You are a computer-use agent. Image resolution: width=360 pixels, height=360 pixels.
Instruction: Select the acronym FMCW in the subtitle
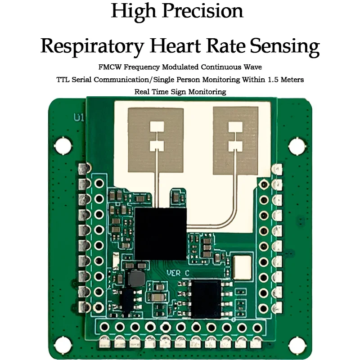[110, 67]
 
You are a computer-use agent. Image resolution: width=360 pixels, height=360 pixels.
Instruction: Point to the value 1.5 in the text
[270, 79]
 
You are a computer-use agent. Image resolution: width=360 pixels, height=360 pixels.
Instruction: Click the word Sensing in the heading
[285, 46]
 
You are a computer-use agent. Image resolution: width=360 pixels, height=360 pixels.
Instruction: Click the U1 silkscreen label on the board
[79, 118]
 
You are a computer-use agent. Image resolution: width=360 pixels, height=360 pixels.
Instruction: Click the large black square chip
[160, 233]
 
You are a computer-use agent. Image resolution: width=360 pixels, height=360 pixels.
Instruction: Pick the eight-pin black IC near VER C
[205, 298]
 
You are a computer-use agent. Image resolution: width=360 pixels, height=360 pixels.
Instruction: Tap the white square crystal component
[243, 267]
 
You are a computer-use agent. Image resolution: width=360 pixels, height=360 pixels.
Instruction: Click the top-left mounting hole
[63, 146]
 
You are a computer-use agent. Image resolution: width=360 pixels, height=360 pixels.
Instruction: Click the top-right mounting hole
[297, 146]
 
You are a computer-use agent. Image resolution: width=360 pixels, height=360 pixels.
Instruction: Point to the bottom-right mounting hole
[297, 345]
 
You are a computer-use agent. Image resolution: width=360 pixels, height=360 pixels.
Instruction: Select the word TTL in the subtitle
[64, 79]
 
